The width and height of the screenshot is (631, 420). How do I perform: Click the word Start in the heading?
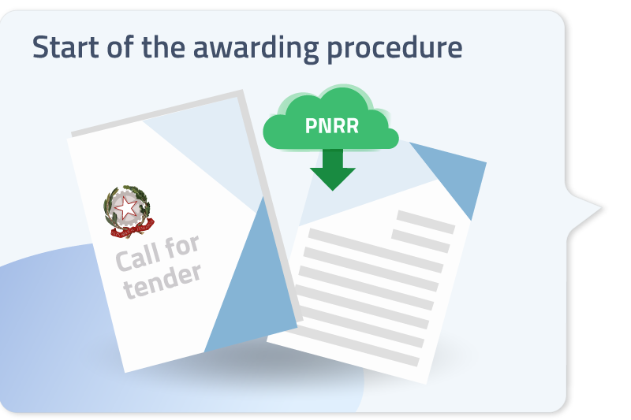point(66,47)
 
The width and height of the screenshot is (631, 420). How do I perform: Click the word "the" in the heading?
point(163,46)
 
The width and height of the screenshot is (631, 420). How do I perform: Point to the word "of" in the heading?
point(120,46)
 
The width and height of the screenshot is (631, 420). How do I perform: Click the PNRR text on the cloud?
point(332,126)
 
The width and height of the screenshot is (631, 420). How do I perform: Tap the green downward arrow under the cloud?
point(332,169)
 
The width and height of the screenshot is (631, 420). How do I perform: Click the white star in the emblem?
point(126,208)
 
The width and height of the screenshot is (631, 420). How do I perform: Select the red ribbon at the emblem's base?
point(132,229)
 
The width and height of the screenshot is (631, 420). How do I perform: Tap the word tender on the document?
point(162,282)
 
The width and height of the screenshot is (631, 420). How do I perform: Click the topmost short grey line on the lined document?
point(426,222)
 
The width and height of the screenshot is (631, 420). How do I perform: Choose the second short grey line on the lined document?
point(420,241)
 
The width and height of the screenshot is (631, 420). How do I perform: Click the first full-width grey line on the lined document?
point(375,251)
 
